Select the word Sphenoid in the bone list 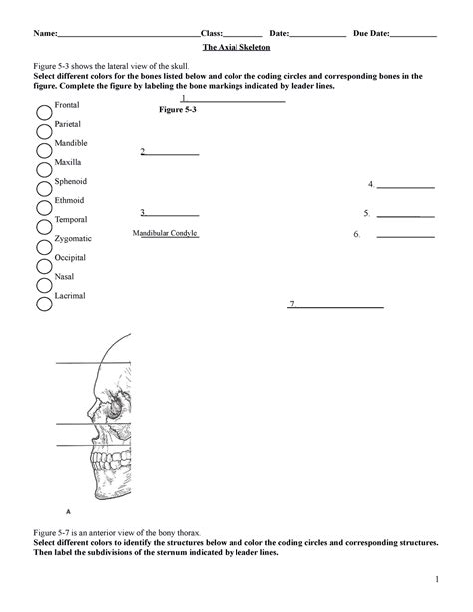pyautogui.click(x=72, y=181)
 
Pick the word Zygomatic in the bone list pyautogui.click(x=75, y=238)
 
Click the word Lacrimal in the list pyautogui.click(x=72, y=295)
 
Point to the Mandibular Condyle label pyautogui.click(x=165, y=233)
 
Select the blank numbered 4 pyautogui.click(x=406, y=185)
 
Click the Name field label pyautogui.click(x=44, y=34)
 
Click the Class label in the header pyautogui.click(x=213, y=34)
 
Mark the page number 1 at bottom pyautogui.click(x=437, y=580)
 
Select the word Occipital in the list pyautogui.click(x=73, y=257)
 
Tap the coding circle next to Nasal pyautogui.click(x=45, y=285)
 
